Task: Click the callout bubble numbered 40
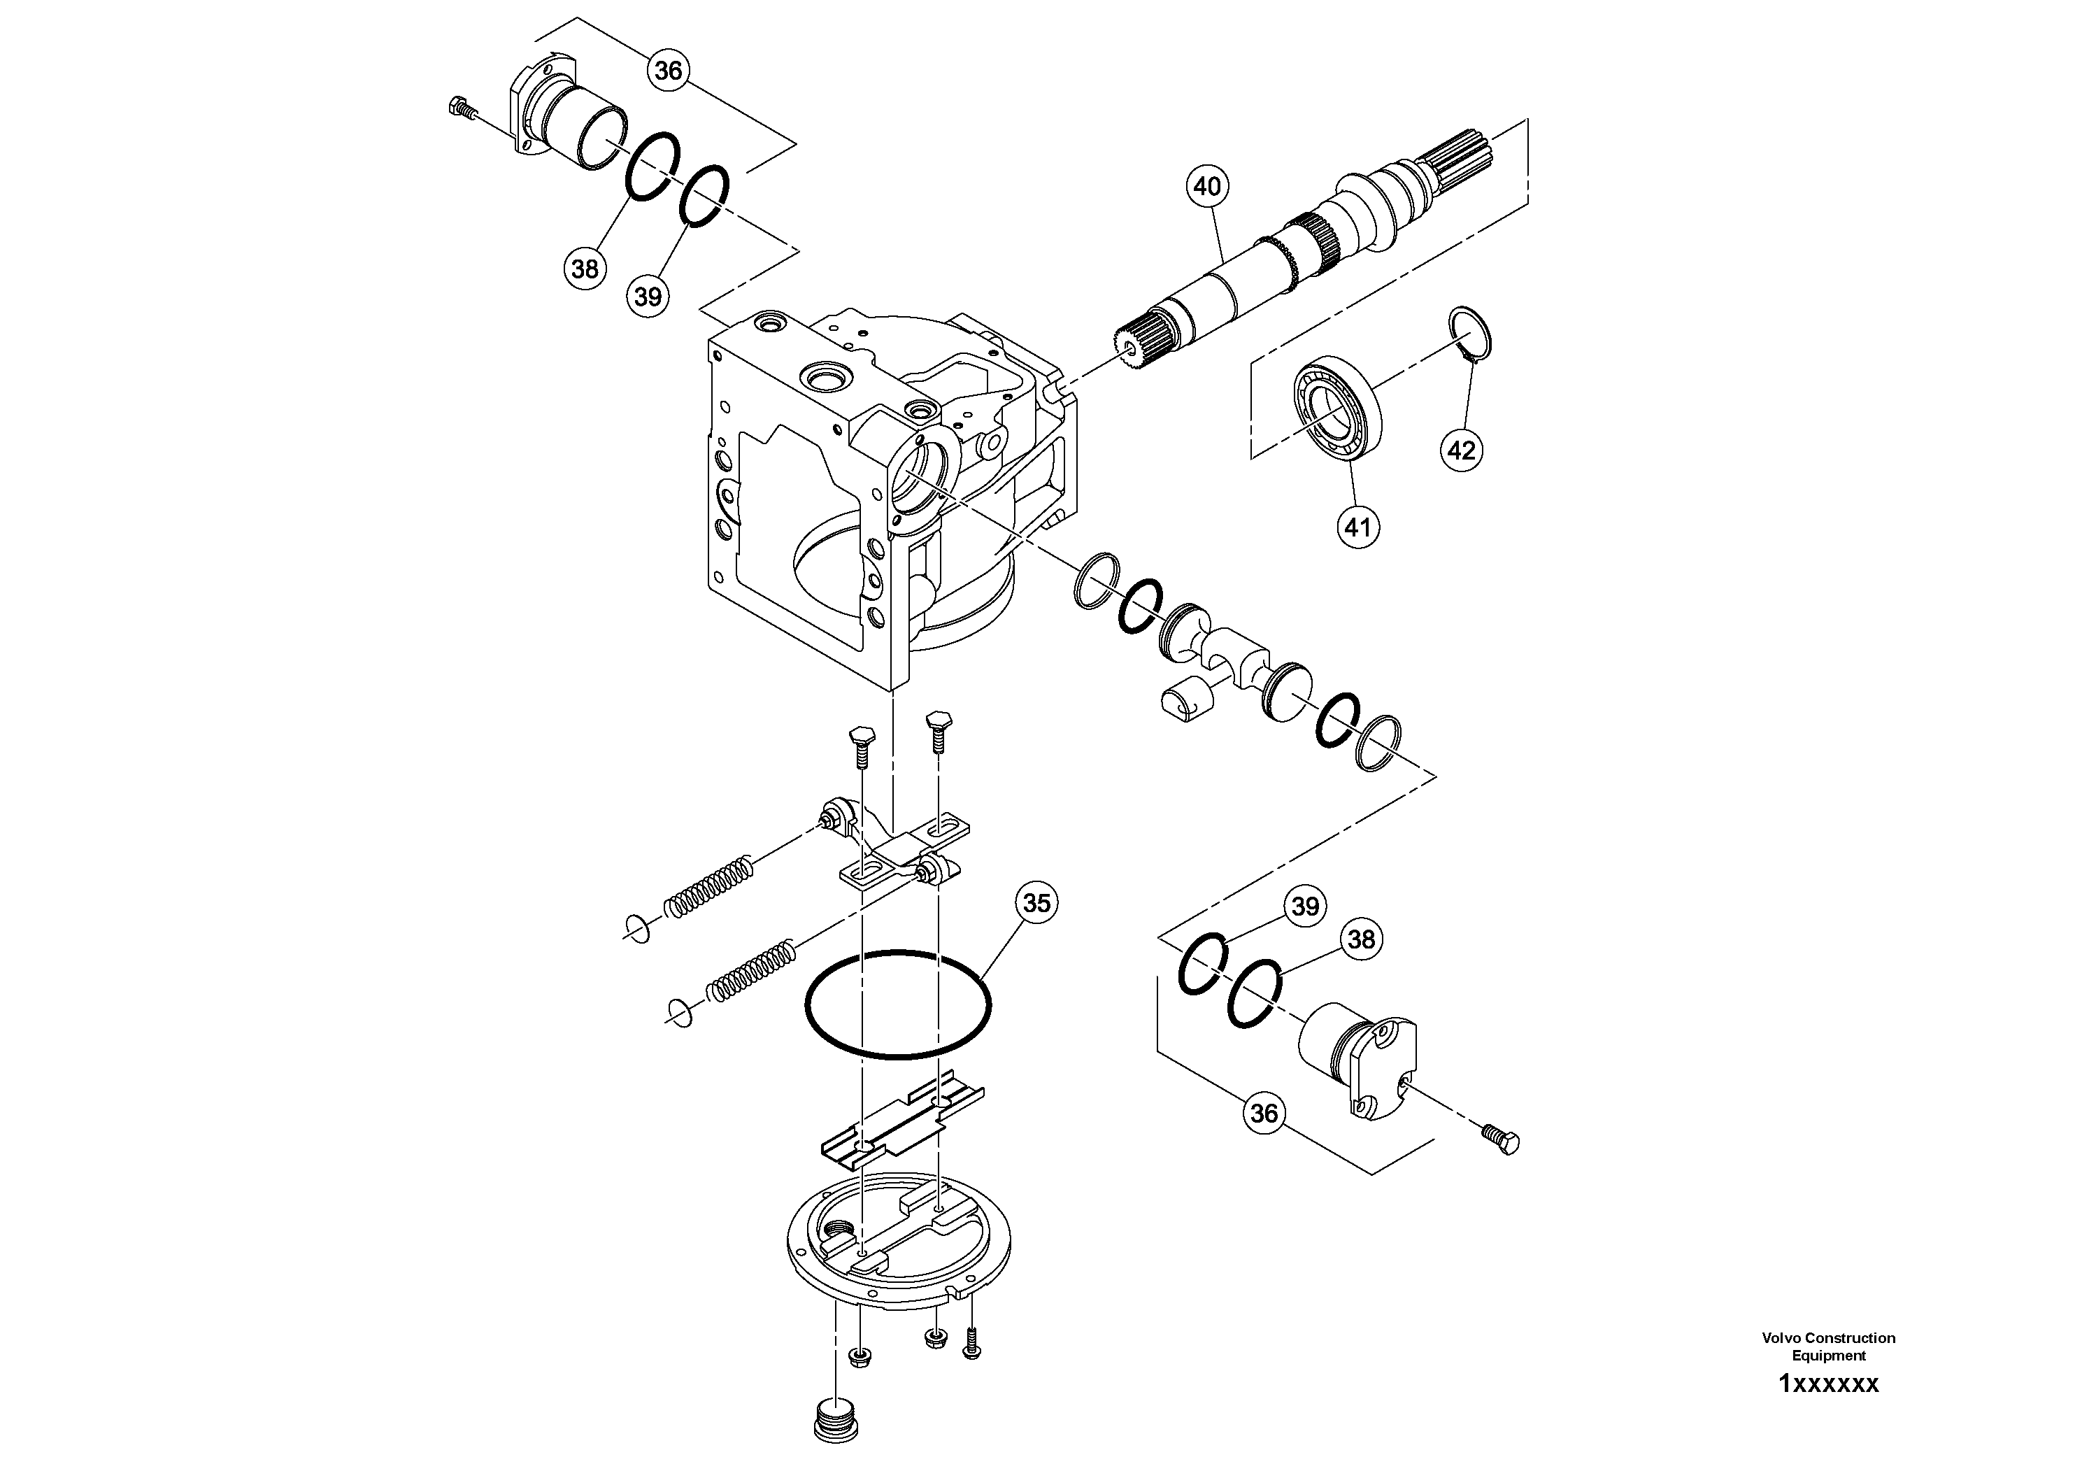coord(1206,187)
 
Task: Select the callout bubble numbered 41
coord(1357,526)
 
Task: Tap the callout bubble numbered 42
coord(1462,450)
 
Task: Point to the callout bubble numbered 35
coord(1036,903)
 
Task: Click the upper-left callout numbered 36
coord(669,71)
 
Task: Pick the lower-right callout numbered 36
coord(1264,1113)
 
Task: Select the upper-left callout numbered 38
coord(585,269)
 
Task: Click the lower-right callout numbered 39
coord(1305,907)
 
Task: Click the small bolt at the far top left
coord(462,110)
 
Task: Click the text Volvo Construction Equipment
coord(1828,1346)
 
